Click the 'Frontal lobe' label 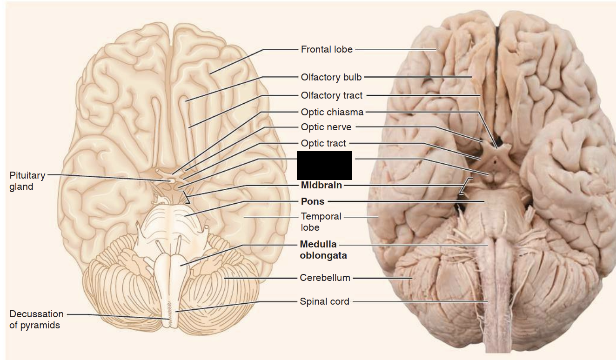(x=327, y=49)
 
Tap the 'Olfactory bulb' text (x=331, y=77)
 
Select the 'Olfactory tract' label (x=331, y=95)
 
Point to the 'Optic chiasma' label (x=332, y=112)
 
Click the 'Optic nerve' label (x=326, y=127)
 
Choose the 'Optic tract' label (x=323, y=143)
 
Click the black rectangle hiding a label (x=325, y=165)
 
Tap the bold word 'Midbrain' (x=321, y=185)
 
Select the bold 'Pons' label (x=313, y=201)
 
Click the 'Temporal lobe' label (x=321, y=222)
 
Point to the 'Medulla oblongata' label (x=323, y=250)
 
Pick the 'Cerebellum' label (x=325, y=278)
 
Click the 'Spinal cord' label (x=324, y=301)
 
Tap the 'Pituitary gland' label (x=27, y=181)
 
